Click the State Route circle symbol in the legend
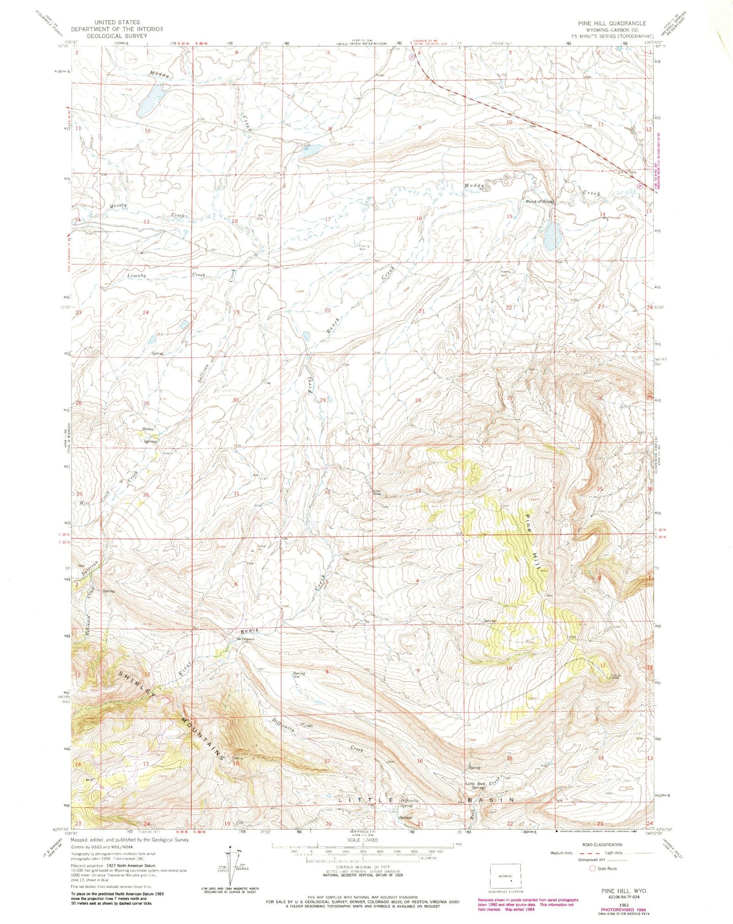coord(591,868)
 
